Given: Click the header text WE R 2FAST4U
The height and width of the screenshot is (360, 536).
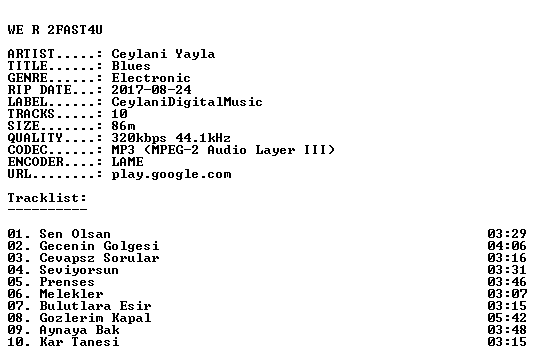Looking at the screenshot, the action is click(x=55, y=30).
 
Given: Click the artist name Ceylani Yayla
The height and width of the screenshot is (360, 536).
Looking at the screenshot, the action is click(x=163, y=54).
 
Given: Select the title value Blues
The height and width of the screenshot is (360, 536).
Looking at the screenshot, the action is click(x=131, y=66).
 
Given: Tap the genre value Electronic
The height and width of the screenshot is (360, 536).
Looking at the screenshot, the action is click(x=151, y=78).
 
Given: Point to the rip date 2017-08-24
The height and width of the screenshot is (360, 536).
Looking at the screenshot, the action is click(x=151, y=90).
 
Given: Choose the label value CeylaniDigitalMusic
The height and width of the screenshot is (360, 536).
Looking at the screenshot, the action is click(x=187, y=102).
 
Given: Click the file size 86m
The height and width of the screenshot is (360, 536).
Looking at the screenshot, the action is click(x=123, y=126).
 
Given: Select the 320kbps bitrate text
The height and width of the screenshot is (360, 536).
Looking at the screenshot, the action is click(x=139, y=138).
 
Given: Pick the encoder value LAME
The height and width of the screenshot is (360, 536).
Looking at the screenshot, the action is click(x=128, y=162).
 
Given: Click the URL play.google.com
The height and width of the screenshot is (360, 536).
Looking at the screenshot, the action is click(x=172, y=174).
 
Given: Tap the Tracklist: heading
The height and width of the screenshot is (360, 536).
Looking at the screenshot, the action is click(x=48, y=198).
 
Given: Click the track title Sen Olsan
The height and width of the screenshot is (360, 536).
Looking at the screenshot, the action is click(x=75, y=234).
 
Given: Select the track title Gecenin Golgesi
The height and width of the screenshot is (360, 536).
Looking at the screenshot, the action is click(x=99, y=246).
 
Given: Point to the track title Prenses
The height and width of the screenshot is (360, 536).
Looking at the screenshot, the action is click(x=67, y=282).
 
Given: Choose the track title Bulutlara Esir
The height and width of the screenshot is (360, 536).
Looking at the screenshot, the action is click(x=95, y=306).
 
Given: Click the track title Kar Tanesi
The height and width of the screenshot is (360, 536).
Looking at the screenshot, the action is click(x=80, y=342).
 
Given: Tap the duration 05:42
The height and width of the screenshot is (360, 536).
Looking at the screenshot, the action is click(x=507, y=318).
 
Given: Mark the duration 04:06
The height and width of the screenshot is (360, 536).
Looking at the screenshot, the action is click(x=507, y=246).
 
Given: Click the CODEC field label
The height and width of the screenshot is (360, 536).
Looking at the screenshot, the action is click(x=28, y=150).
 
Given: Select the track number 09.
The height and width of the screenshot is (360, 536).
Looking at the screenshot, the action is click(x=16, y=330).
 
